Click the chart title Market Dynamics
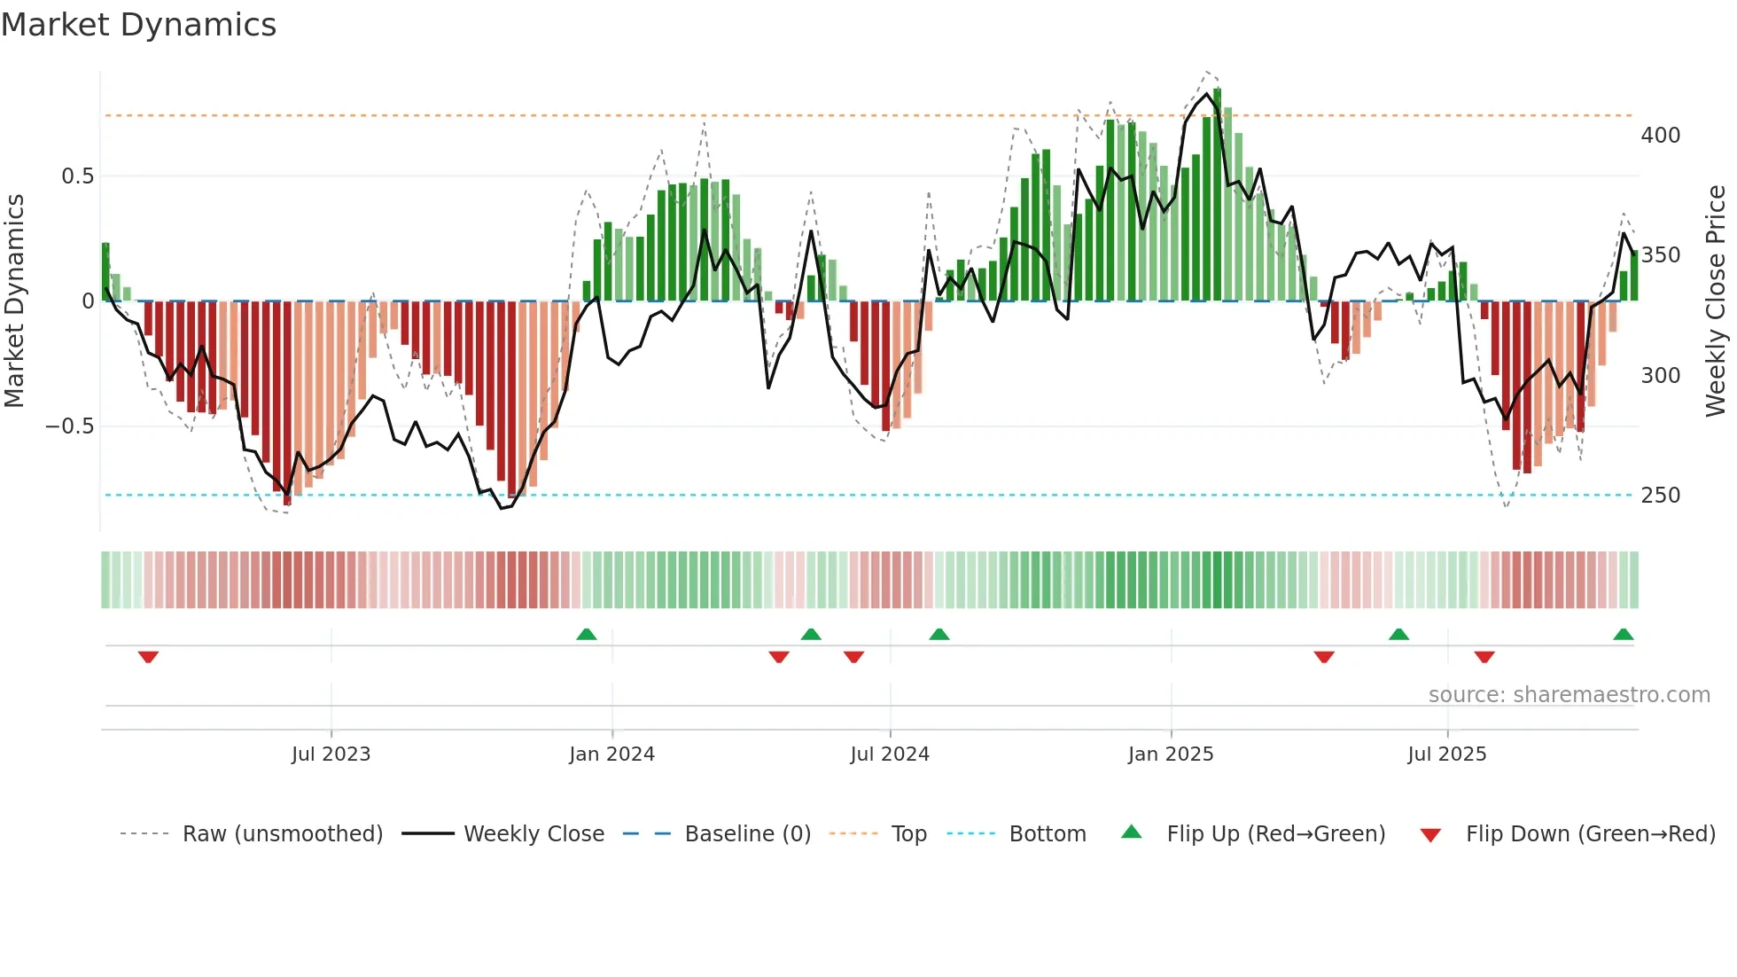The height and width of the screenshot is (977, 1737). click(x=139, y=25)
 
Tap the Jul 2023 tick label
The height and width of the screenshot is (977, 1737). click(x=331, y=754)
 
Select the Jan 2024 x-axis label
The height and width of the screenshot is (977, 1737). click(x=611, y=754)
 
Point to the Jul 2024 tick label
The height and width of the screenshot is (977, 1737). click(x=890, y=754)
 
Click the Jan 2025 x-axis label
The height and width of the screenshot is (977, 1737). click(x=1171, y=754)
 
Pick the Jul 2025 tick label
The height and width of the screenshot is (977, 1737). click(x=1447, y=754)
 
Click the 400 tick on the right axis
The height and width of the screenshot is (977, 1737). click(x=1660, y=136)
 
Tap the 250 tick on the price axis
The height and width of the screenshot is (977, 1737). click(x=1660, y=496)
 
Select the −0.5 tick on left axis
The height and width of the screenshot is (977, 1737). click(x=70, y=426)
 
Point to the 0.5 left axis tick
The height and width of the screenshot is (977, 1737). click(x=77, y=176)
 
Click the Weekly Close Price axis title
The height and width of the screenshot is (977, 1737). click(x=1717, y=301)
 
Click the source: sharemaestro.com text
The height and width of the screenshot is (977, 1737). click(x=1569, y=695)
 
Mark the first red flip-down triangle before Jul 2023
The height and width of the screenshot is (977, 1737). click(x=148, y=657)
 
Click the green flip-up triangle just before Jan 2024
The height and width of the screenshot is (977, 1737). click(x=586, y=634)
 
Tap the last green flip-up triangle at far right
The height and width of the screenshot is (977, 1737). click(x=1623, y=634)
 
